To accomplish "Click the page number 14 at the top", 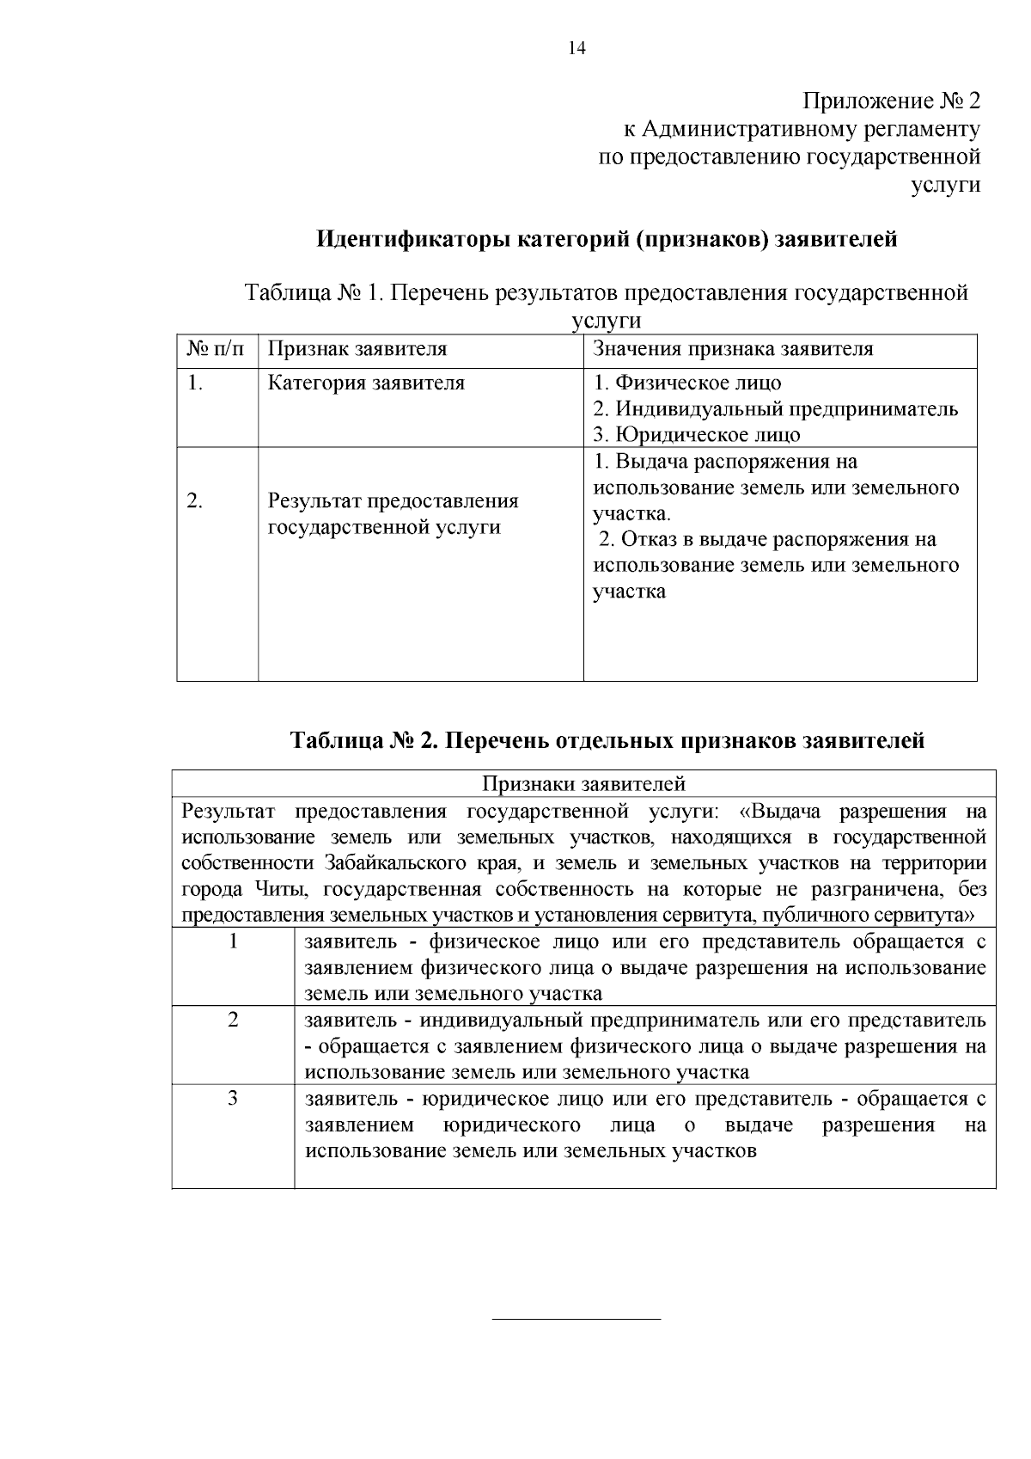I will tap(577, 48).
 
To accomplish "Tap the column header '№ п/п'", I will tap(216, 349).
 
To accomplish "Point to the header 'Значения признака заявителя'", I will tap(733, 349).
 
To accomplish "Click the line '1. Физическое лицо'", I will tap(687, 383).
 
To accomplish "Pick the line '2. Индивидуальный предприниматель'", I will tap(776, 409).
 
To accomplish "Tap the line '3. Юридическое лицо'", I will tap(697, 435).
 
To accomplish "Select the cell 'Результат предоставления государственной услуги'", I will tap(393, 514).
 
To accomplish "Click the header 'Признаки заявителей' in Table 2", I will tap(583, 783).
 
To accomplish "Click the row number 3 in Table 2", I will tap(233, 1099).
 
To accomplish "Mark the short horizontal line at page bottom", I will tap(576, 1318).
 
